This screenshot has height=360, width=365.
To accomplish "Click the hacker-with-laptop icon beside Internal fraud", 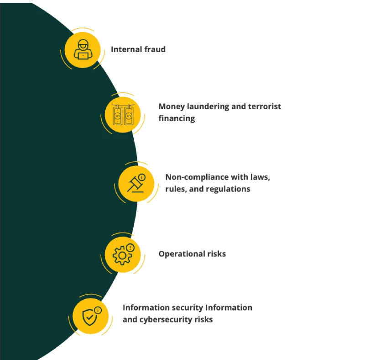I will [83, 50].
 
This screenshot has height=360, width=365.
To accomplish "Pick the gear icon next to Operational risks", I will [123, 254].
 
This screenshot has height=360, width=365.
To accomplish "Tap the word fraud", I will [155, 49].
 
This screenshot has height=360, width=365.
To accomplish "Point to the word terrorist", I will [265, 106].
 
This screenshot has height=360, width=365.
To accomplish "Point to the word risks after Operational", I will [216, 254].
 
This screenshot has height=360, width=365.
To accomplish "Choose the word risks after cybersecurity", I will [203, 319].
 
